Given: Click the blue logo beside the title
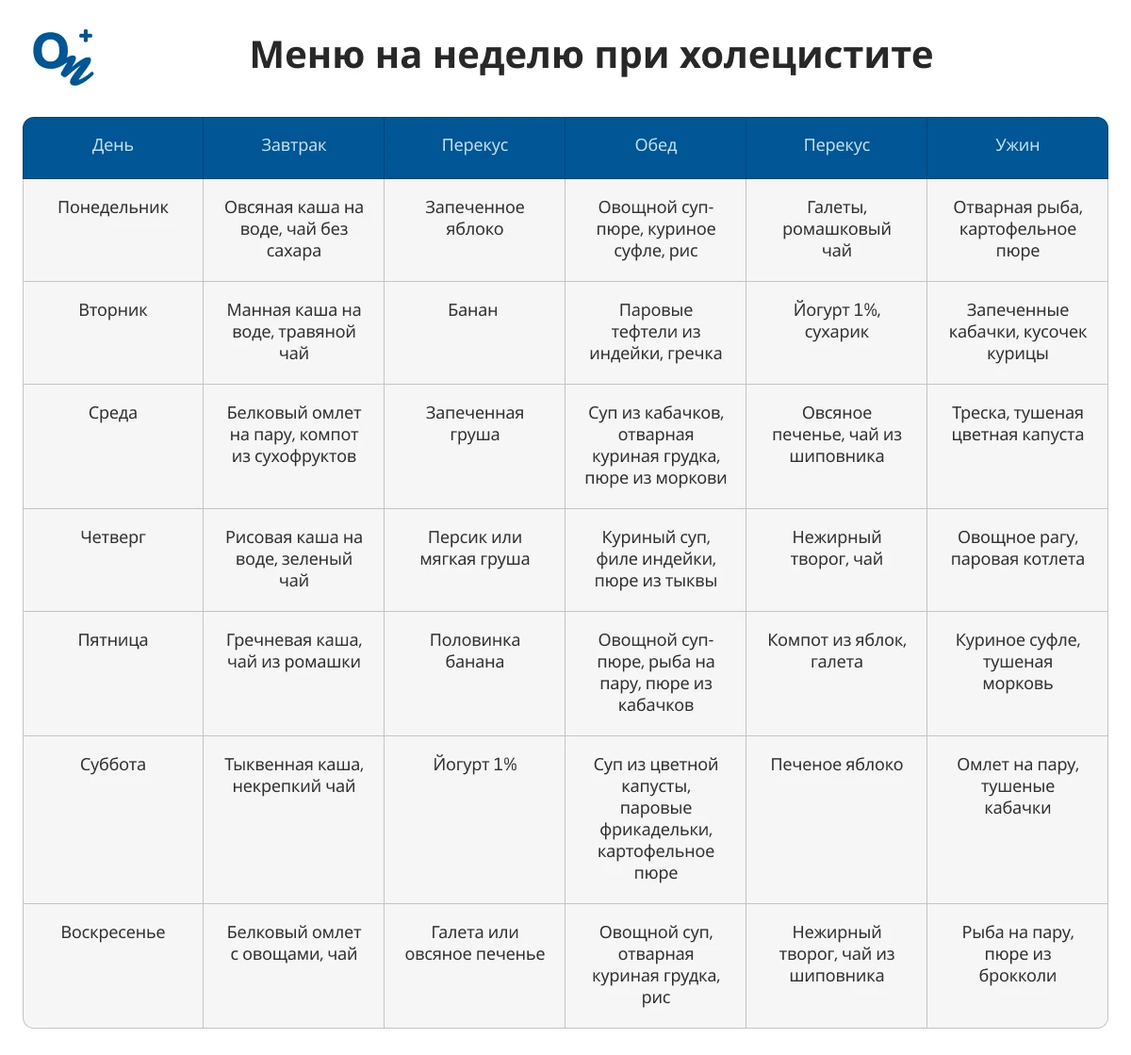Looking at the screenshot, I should tap(63, 58).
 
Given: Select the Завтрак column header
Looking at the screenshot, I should tap(293, 145).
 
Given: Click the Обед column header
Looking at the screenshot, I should tap(655, 145).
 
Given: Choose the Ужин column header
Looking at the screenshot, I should tap(1017, 145).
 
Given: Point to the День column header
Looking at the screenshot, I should tap(113, 145).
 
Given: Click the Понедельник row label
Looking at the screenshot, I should tap(113, 207).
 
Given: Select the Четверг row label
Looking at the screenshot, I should tap(113, 537).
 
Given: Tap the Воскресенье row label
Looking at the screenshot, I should tap(113, 932).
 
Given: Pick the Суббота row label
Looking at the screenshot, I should tap(113, 765).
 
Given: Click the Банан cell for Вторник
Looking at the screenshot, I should tap(473, 310).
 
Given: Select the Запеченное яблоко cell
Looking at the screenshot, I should tap(474, 218).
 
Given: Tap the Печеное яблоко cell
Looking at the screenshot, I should tap(836, 765).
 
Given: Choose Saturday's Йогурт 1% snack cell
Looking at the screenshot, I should tap(474, 765).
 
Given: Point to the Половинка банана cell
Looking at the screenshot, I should tap(474, 651).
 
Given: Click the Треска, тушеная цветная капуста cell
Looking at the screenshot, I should tap(1017, 423).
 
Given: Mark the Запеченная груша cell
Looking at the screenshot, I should tap(474, 423).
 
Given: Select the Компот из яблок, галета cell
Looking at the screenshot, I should tap(836, 651).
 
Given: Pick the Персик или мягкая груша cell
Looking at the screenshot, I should tap(474, 548).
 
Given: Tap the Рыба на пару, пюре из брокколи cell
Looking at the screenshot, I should tap(1017, 954).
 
